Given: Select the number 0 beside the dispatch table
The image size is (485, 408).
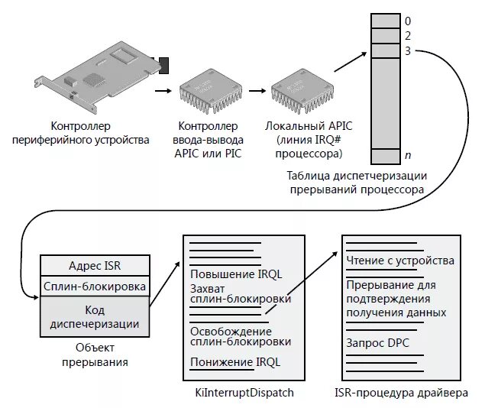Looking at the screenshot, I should (x=408, y=21).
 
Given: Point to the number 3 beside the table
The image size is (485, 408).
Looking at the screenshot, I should (x=408, y=51).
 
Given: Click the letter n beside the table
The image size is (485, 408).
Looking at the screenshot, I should (x=408, y=156).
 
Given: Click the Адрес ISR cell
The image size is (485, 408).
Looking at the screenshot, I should (x=95, y=265).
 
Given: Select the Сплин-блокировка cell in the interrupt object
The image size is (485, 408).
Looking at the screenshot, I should (x=95, y=287).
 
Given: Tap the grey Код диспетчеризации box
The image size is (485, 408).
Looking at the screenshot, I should (x=95, y=317).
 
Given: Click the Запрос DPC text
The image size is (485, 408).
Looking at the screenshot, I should (x=377, y=343).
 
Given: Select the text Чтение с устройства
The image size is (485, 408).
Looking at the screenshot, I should (x=399, y=261).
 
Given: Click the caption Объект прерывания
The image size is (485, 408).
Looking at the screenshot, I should (x=95, y=355).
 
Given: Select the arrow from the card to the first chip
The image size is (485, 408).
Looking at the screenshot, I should (x=163, y=90).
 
